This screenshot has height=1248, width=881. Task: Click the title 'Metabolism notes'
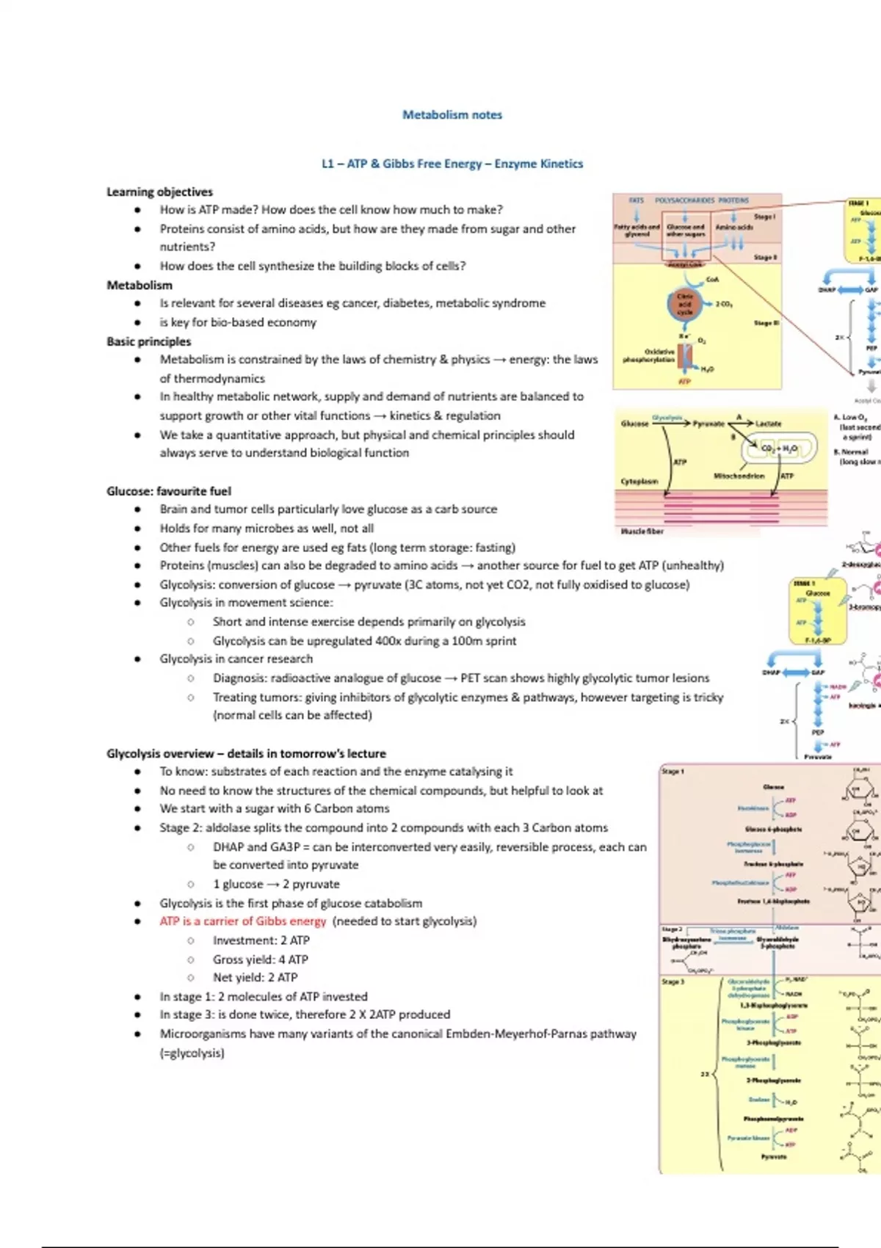click(x=452, y=115)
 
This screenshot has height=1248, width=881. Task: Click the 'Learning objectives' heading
click(x=159, y=192)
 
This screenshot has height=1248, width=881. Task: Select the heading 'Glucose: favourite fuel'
click(x=169, y=491)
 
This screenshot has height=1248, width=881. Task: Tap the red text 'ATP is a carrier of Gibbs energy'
click(x=242, y=921)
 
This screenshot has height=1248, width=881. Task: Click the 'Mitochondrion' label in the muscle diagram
click(x=739, y=476)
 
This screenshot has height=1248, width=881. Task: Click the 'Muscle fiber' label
click(x=642, y=531)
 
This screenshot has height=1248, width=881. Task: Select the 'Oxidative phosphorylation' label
click(x=649, y=356)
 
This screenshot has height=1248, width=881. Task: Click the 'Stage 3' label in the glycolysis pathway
click(x=672, y=982)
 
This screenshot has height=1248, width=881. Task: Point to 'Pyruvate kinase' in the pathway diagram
click(x=748, y=1138)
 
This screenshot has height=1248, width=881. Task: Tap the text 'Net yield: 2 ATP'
click(x=255, y=978)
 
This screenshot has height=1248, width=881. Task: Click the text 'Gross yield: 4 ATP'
click(x=260, y=959)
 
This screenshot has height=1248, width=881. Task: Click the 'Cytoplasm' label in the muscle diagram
click(x=639, y=482)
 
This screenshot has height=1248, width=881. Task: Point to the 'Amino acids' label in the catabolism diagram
click(x=734, y=228)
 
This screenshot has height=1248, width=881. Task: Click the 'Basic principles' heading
click(x=148, y=341)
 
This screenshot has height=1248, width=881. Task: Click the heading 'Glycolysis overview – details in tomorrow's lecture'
click(x=246, y=753)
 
